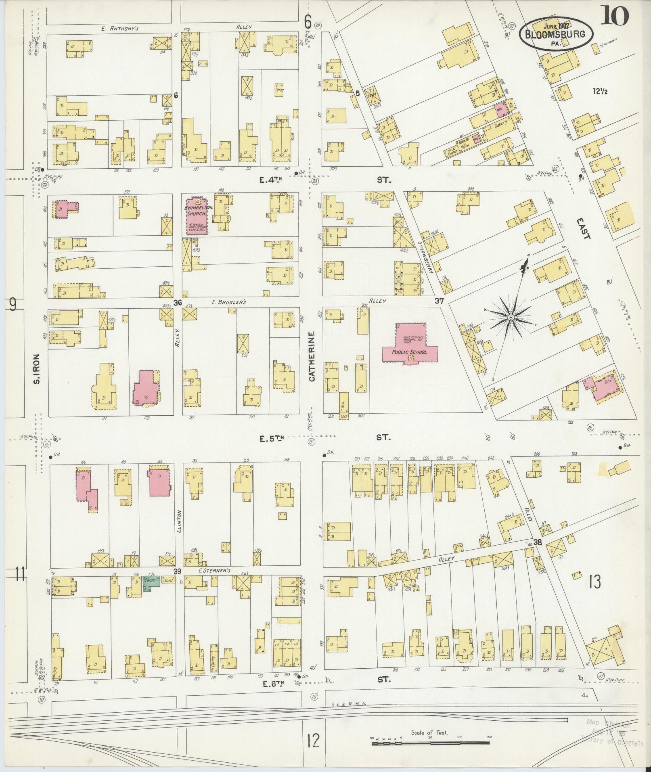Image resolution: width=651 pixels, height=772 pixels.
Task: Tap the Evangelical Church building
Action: (x=197, y=216)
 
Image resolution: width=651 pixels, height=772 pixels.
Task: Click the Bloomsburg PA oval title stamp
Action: (x=556, y=34)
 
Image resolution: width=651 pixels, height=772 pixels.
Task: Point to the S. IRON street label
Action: (x=36, y=369)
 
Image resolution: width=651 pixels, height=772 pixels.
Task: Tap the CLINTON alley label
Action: (x=179, y=521)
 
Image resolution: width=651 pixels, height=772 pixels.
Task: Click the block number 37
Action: (x=440, y=301)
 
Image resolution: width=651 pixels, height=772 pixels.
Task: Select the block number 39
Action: (x=176, y=571)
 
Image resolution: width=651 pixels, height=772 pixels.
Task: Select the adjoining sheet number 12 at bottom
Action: (x=313, y=741)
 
